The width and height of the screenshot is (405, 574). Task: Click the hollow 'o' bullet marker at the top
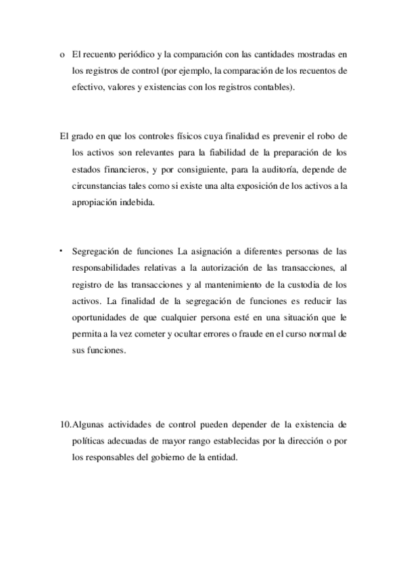62,54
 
